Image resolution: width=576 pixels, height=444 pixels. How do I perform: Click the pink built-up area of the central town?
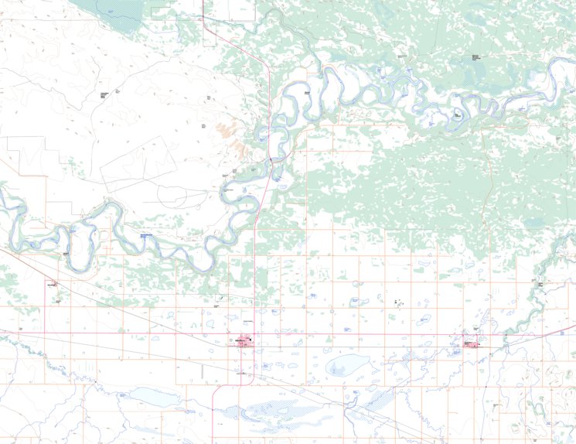242,341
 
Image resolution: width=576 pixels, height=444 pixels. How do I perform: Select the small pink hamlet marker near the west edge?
54,284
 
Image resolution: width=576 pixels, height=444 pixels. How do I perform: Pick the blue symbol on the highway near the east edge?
562,333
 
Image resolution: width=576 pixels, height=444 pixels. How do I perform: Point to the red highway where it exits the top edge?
203,2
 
